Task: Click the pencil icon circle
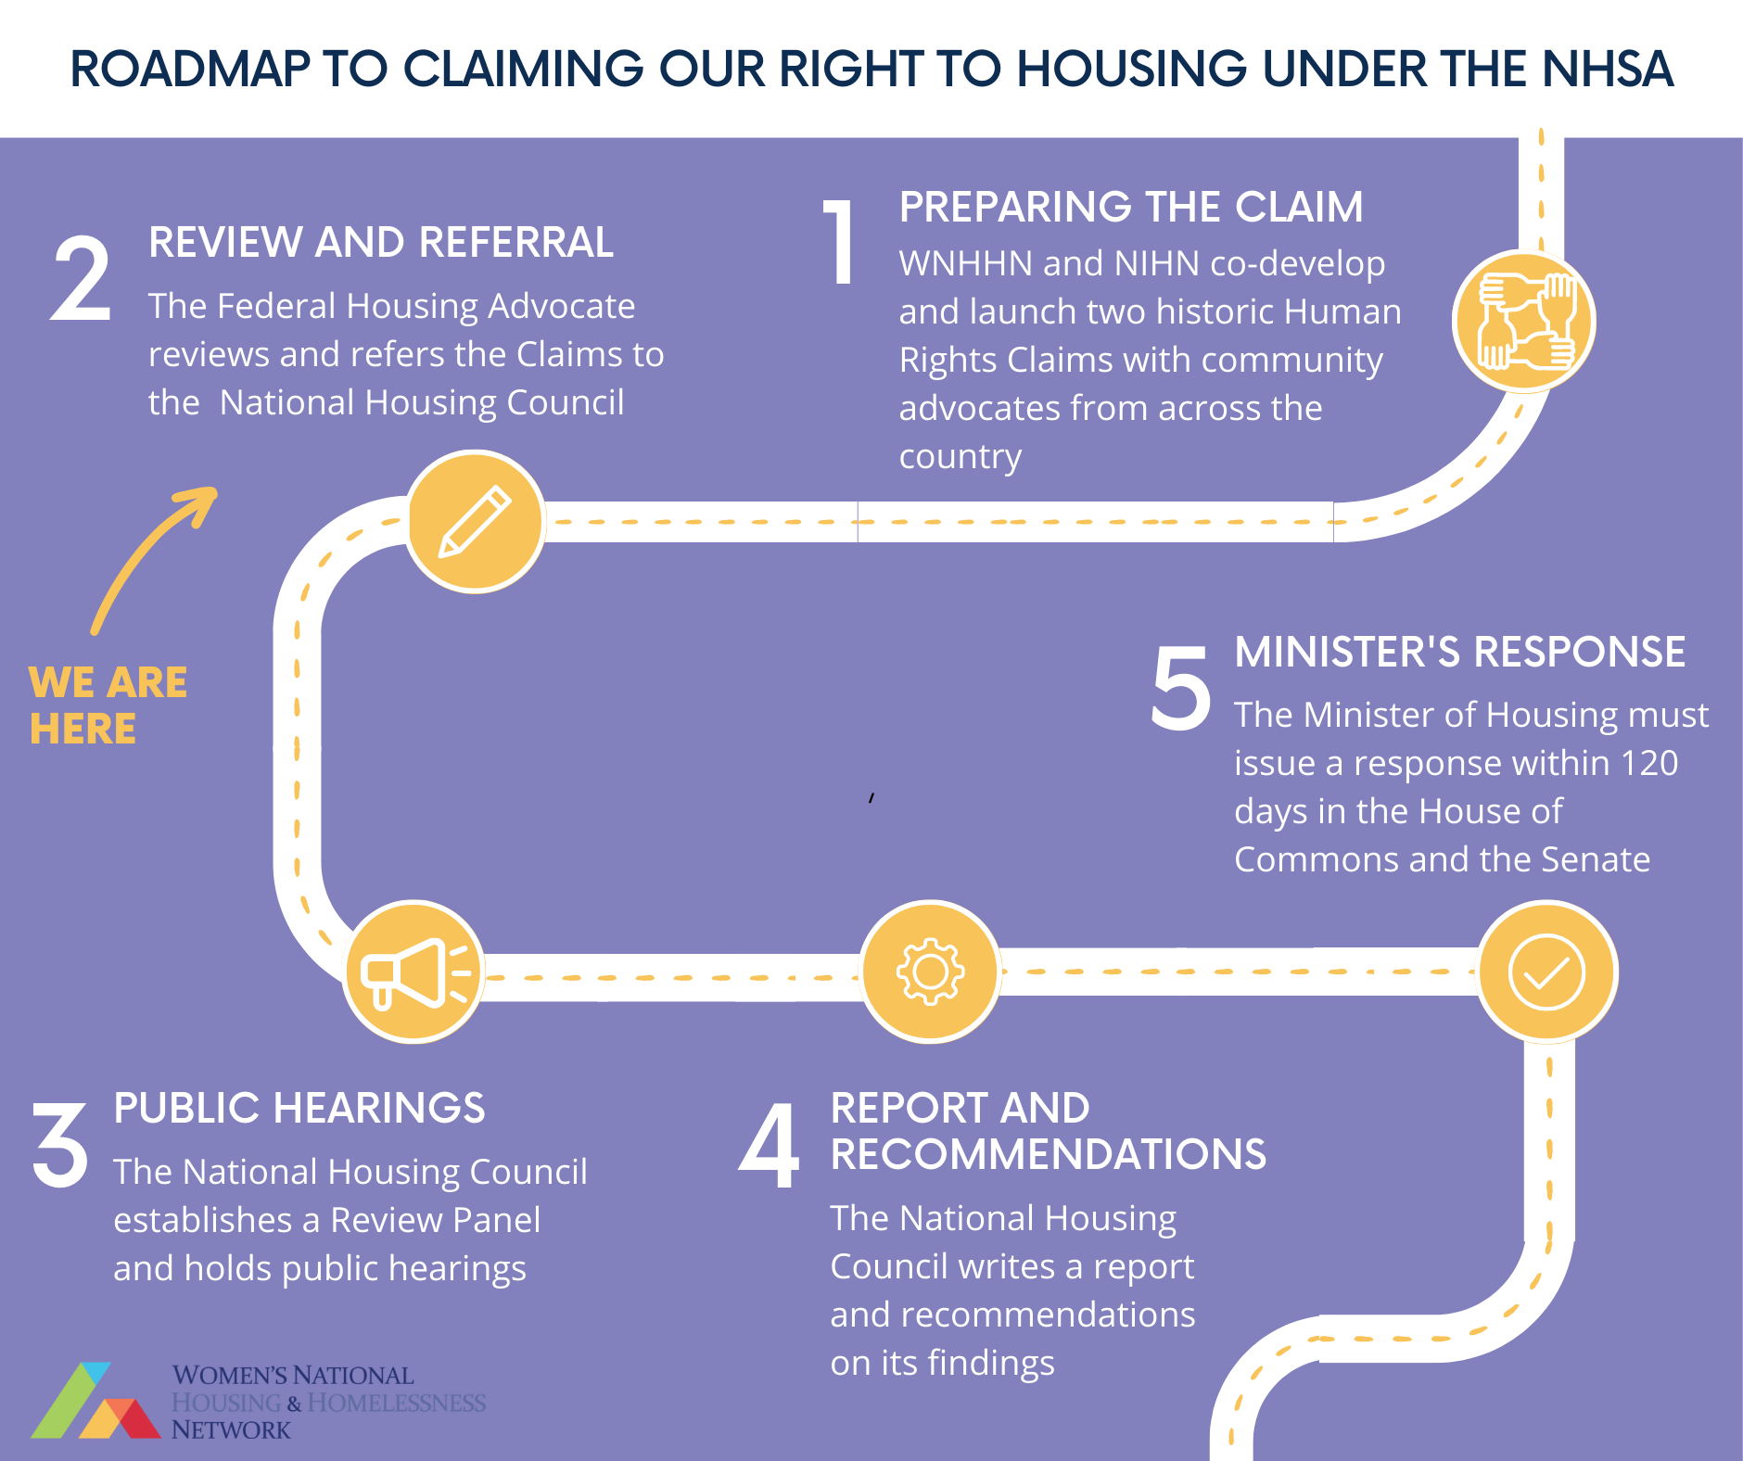tap(475, 521)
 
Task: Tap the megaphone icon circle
tap(413, 972)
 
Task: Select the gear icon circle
tap(930, 972)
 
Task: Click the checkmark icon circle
tap(1546, 972)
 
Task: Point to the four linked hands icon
tap(1524, 321)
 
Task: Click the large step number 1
tap(840, 243)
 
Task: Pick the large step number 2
tap(82, 279)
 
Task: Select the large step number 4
tap(770, 1146)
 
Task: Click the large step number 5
tap(1181, 688)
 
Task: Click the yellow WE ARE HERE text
tap(108, 705)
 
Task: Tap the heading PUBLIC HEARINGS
tap(299, 1108)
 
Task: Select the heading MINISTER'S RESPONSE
tap(1459, 652)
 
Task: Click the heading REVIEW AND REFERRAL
tap(381, 243)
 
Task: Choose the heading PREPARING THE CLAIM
tap(1130, 207)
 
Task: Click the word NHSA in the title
tap(1608, 69)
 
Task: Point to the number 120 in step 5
tap(1649, 763)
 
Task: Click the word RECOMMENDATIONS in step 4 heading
tap(1048, 1154)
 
